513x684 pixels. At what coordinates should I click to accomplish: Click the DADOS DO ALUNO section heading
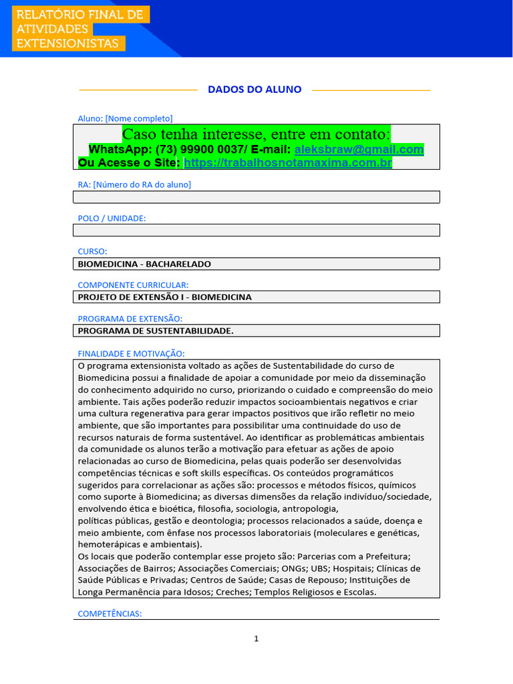pyautogui.click(x=254, y=90)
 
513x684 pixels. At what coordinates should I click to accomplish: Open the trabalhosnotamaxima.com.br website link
pyautogui.click(x=287, y=162)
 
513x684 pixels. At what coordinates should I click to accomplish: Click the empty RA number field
pyautogui.click(x=256, y=196)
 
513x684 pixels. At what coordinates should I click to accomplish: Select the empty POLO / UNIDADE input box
pyautogui.click(x=256, y=230)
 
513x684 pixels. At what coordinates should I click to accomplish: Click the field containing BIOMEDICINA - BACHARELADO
pyautogui.click(x=256, y=264)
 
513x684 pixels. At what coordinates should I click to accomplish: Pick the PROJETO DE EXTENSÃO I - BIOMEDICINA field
pyautogui.click(x=256, y=297)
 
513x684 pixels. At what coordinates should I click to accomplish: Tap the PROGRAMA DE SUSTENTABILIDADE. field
pyautogui.click(x=256, y=331)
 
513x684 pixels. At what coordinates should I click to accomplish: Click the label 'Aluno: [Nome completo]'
pyautogui.click(x=125, y=118)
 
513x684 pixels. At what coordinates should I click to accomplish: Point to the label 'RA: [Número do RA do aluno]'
pyautogui.click(x=134, y=184)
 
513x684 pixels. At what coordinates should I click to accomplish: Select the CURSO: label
pyautogui.click(x=93, y=251)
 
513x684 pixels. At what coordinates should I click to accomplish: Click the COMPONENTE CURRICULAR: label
pyautogui.click(x=133, y=285)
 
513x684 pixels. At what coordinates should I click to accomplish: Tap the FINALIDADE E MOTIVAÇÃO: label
pyautogui.click(x=131, y=353)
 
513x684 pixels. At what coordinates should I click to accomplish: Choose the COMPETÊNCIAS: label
pyautogui.click(x=110, y=613)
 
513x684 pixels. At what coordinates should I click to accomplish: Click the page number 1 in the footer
pyautogui.click(x=256, y=639)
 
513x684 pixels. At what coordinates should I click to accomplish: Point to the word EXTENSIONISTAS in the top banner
pyautogui.click(x=67, y=43)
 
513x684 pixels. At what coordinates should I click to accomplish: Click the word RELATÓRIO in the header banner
pyautogui.click(x=49, y=15)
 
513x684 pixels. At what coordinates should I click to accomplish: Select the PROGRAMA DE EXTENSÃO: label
pyautogui.click(x=130, y=319)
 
